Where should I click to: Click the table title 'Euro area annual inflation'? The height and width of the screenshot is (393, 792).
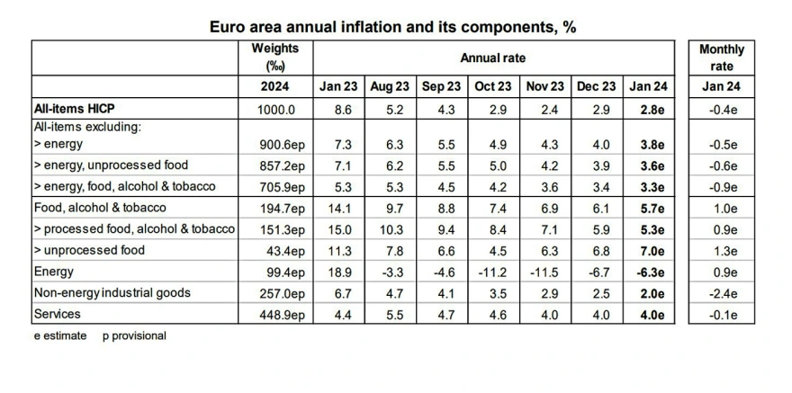click(x=393, y=27)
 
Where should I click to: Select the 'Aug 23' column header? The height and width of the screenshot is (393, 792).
click(x=390, y=86)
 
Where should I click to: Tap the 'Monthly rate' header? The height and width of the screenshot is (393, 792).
click(x=721, y=58)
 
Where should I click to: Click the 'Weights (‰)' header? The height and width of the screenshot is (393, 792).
click(x=275, y=58)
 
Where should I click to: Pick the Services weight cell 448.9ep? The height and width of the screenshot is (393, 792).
click(x=275, y=314)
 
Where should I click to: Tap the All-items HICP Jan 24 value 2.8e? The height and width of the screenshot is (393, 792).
click(x=646, y=108)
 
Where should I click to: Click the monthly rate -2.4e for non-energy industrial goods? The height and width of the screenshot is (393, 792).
click(x=721, y=293)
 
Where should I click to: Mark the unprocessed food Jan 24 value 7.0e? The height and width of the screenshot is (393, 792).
click(x=646, y=250)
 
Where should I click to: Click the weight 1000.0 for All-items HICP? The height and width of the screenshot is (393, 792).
click(x=275, y=108)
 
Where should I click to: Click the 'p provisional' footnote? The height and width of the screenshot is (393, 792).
click(x=134, y=335)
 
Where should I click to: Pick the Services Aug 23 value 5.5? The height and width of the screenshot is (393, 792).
click(x=390, y=314)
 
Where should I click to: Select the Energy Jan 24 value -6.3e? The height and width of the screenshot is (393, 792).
click(x=646, y=272)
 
